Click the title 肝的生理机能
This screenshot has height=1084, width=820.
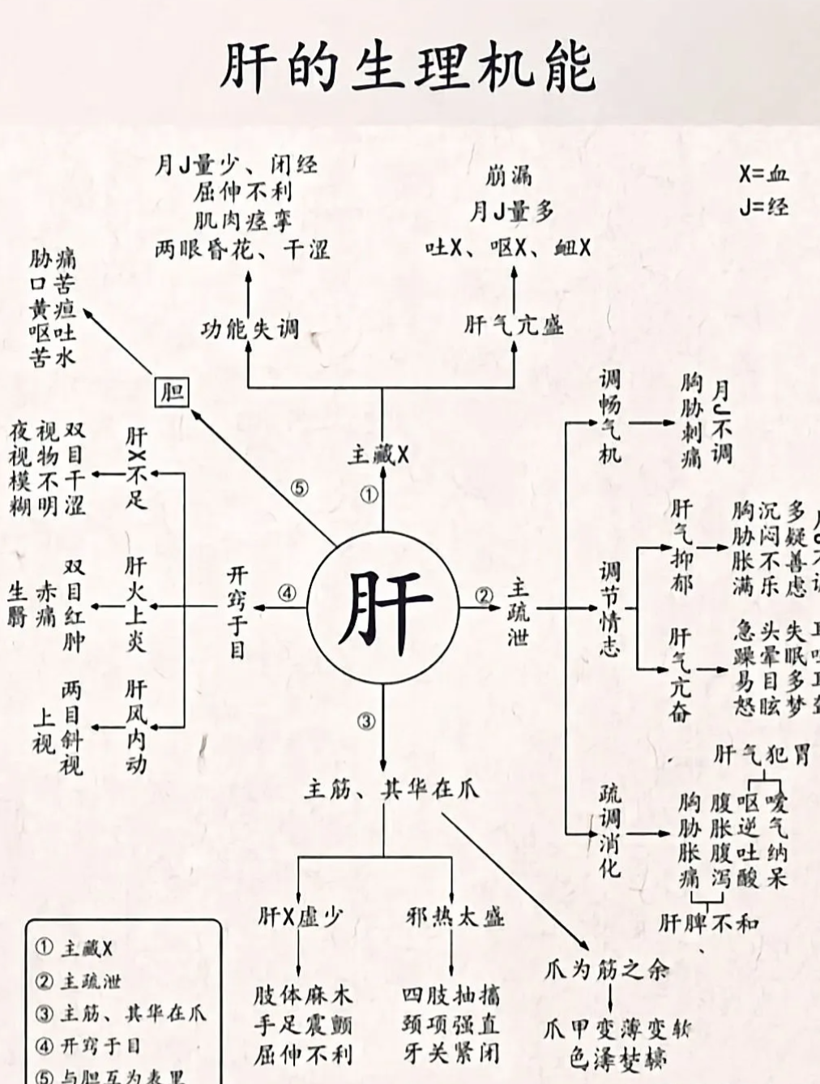coord(408,66)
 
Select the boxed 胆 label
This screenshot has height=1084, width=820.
coord(172,393)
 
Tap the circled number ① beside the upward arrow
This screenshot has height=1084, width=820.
coord(369,495)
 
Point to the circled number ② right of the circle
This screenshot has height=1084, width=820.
coord(484,597)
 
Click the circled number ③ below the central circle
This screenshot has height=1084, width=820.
coord(367,720)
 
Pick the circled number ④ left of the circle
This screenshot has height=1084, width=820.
coord(288,593)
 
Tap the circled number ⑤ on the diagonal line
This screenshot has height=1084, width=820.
coord(300,489)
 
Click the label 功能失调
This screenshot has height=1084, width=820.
coord(250,329)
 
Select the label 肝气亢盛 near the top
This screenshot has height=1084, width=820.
coord(514,326)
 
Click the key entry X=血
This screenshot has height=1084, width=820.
coord(763,174)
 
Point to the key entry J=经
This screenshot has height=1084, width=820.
coord(763,207)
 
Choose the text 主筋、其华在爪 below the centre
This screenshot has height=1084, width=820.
coord(391,788)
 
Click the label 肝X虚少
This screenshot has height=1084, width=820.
coord(301,917)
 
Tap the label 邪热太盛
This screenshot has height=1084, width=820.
coord(455,917)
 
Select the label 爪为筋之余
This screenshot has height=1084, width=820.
coord(606,969)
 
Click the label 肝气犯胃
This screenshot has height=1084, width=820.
coord(762,756)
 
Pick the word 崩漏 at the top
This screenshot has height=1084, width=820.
coord(509,175)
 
